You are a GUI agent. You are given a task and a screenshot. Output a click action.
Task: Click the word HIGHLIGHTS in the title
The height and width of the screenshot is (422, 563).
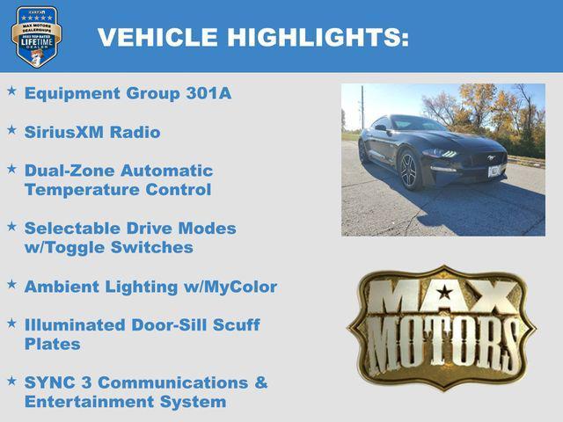click(x=318, y=37)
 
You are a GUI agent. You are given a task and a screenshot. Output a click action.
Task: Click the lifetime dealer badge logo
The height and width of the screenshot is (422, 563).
click(x=36, y=36)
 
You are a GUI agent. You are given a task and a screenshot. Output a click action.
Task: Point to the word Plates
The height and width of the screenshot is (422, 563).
click(x=52, y=344)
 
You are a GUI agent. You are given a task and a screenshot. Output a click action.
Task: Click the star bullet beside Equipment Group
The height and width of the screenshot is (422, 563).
click(x=11, y=91)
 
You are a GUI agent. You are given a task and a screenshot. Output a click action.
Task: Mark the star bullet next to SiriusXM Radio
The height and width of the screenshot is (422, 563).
click(x=11, y=129)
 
